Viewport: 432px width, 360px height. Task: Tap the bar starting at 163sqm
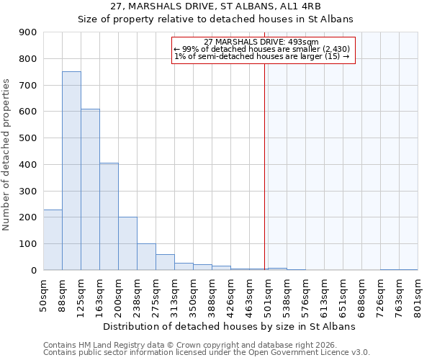[x=109, y=216]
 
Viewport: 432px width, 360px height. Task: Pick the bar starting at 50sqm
[x=53, y=240]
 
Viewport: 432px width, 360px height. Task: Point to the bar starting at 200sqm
[x=127, y=243]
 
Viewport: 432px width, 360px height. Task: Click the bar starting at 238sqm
[x=146, y=256]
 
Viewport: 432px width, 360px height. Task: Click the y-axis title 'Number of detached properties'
[x=8, y=155]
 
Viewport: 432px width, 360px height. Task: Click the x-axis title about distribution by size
[x=230, y=326]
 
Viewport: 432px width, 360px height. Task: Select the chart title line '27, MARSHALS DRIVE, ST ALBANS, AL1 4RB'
[x=215, y=7]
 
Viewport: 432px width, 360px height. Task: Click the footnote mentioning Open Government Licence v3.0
[x=206, y=353]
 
